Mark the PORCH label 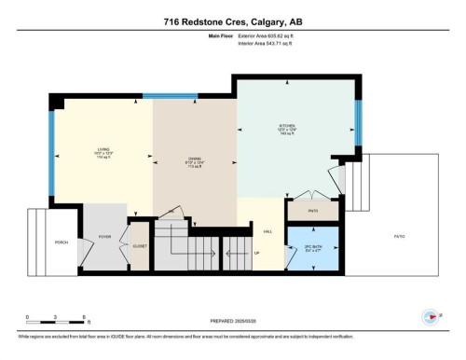coord(61,242)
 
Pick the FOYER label coord(105,238)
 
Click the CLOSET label coord(140,246)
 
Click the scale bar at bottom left coord(56,324)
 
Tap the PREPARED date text coord(233,322)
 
